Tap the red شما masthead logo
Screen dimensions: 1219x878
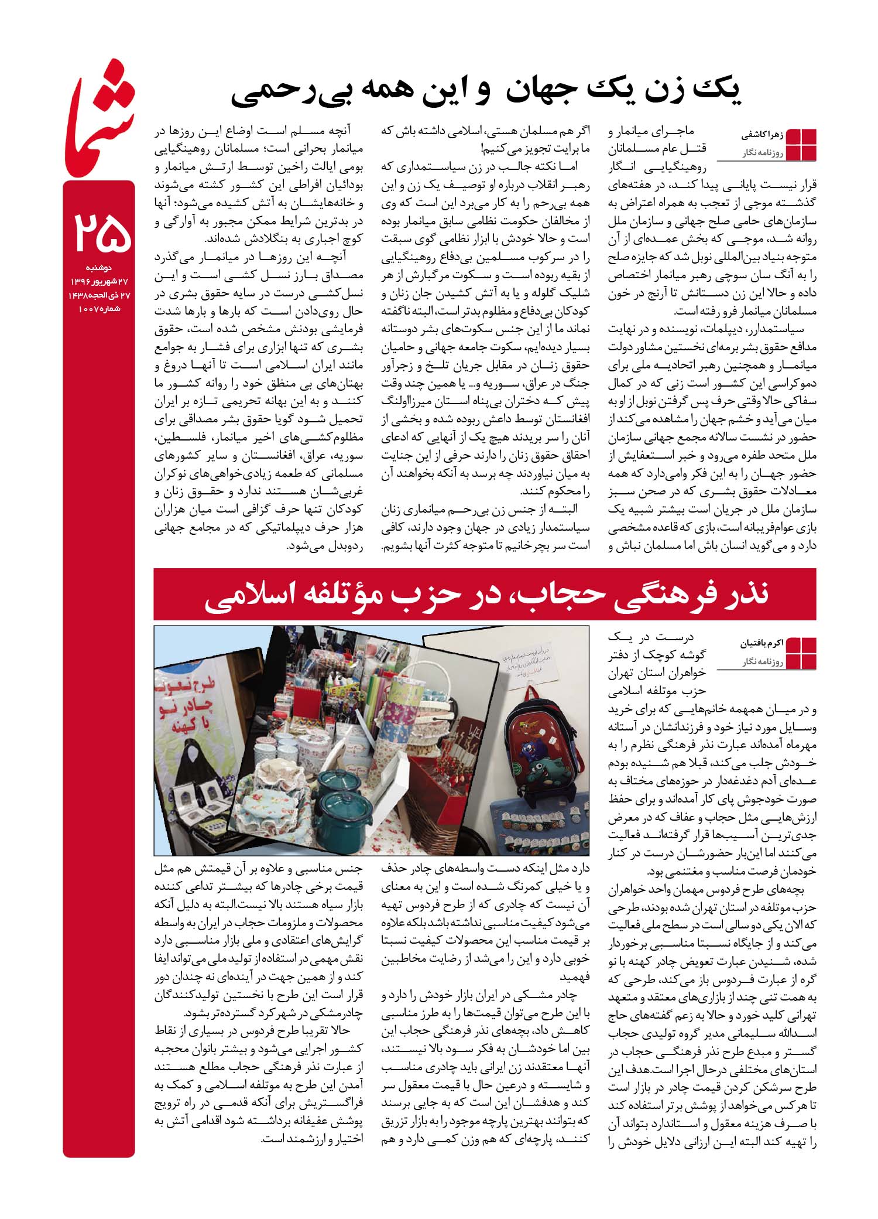(x=100, y=117)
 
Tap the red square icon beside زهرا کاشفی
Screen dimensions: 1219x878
(x=801, y=144)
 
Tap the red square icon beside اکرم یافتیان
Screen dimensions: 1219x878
(x=801, y=652)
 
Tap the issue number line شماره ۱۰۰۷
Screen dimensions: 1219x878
(x=99, y=308)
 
